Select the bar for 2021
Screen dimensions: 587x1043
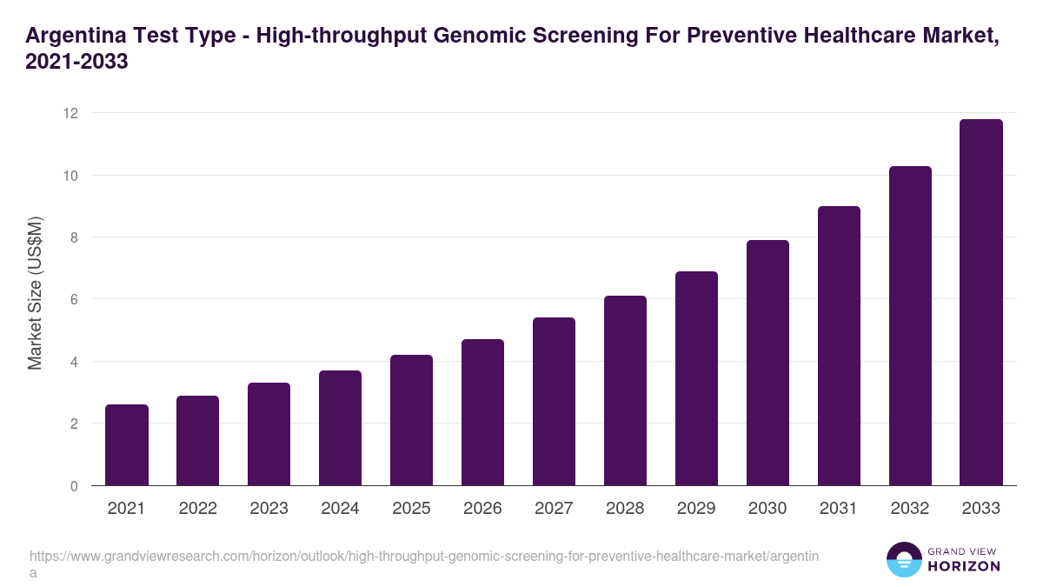127,445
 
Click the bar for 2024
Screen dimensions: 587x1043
340,428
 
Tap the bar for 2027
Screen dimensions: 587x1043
554,402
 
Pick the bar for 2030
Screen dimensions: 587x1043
767,363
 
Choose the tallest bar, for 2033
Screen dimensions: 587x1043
981,303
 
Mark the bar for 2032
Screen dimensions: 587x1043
910,326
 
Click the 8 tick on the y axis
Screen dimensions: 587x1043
74,237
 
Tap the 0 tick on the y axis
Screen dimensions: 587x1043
74,486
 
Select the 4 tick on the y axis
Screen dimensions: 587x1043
74,362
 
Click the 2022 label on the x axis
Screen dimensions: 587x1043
198,509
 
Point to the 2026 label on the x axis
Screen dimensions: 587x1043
482,509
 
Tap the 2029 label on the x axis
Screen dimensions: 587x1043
696,509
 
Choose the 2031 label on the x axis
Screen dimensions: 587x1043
839,509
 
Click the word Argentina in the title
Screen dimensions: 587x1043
72,37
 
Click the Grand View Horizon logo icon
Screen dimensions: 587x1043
904,559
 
